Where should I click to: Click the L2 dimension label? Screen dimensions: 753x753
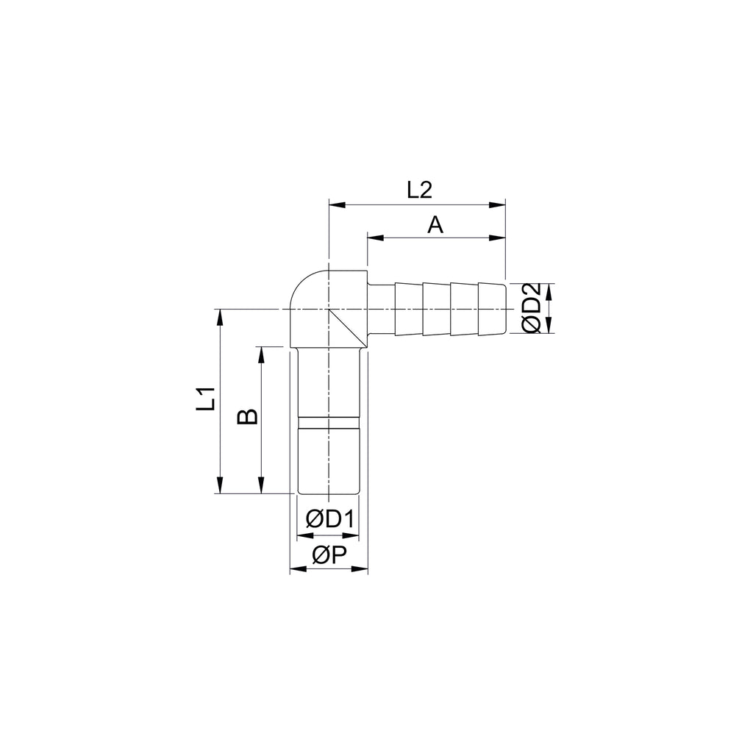point(419,190)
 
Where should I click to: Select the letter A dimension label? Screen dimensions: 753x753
point(435,224)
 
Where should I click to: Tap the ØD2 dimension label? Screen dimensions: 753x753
point(532,308)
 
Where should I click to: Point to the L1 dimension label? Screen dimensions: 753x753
point(205,399)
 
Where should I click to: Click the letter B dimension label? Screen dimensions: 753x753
point(247,417)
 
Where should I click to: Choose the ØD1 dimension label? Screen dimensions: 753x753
point(330,519)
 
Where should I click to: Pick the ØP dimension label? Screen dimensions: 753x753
point(329,555)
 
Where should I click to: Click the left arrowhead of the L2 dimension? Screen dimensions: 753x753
point(337,205)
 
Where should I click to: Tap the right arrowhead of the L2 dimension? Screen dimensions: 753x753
point(497,205)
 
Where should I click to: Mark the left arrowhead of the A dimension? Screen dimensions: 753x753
point(376,238)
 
